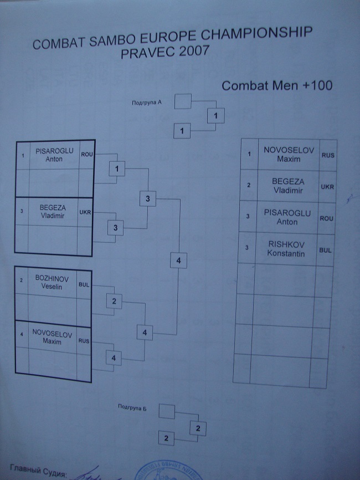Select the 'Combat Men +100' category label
(x=276, y=86)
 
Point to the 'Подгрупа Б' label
(x=132, y=407)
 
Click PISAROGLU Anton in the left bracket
(x=54, y=155)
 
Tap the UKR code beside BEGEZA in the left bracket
(x=85, y=212)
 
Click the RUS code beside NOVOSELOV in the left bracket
(x=84, y=341)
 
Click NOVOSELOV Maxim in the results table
(x=281, y=154)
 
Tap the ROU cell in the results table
(x=326, y=218)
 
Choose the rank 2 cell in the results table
(x=249, y=185)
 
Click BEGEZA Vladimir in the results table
(x=285, y=186)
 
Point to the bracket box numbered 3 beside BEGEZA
(x=115, y=227)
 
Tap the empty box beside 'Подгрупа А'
(x=182, y=101)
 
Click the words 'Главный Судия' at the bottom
(x=37, y=473)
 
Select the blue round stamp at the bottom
(x=158, y=471)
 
